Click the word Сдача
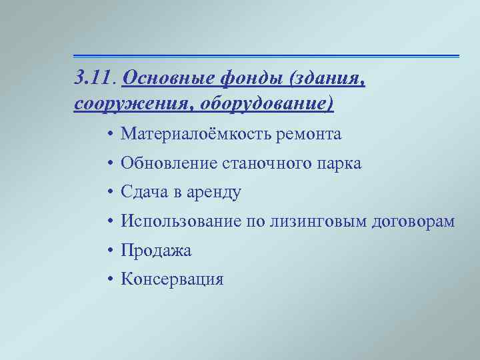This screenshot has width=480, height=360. (142, 193)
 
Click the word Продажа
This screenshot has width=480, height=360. (155, 251)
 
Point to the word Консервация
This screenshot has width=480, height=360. (172, 279)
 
